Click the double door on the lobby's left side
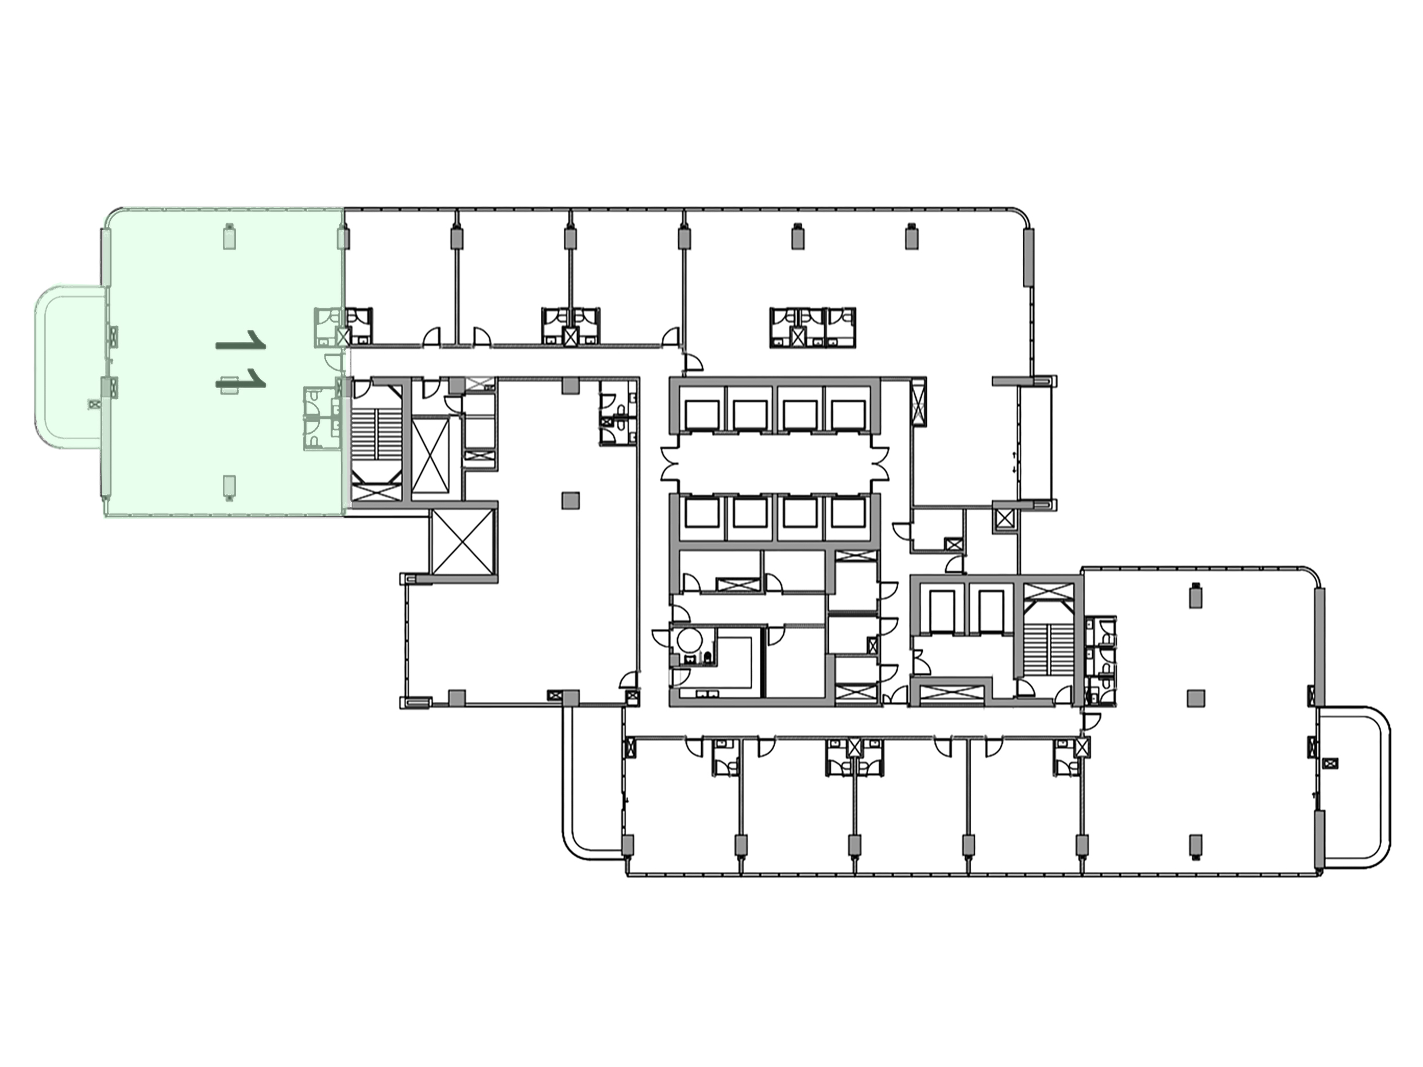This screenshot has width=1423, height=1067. coord(669,464)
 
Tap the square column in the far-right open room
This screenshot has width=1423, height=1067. coord(1195,698)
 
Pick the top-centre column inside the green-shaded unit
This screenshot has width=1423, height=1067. coord(229,236)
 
